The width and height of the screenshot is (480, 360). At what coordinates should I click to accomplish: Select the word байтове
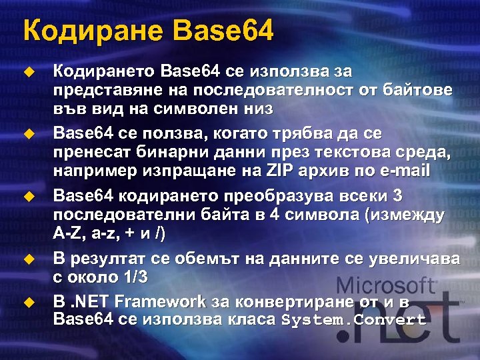417,89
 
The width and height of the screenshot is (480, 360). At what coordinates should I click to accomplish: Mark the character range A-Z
69,235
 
